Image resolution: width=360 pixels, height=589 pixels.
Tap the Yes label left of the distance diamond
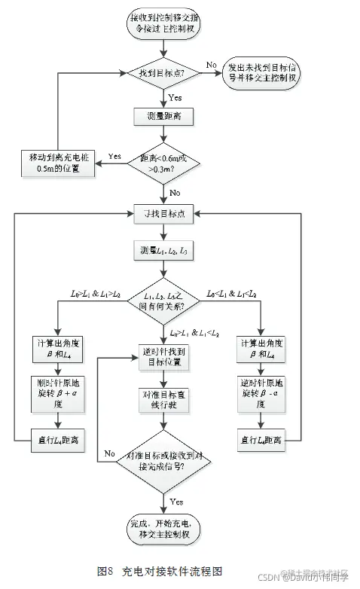115,156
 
